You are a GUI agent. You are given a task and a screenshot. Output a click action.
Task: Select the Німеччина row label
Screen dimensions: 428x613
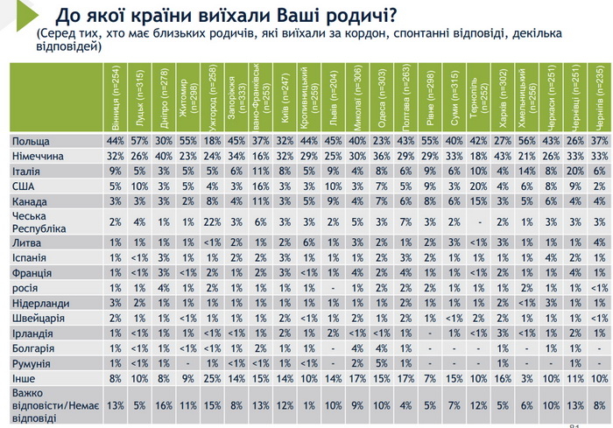[x=37, y=155]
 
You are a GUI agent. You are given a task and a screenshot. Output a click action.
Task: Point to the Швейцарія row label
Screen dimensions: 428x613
[x=36, y=319]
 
